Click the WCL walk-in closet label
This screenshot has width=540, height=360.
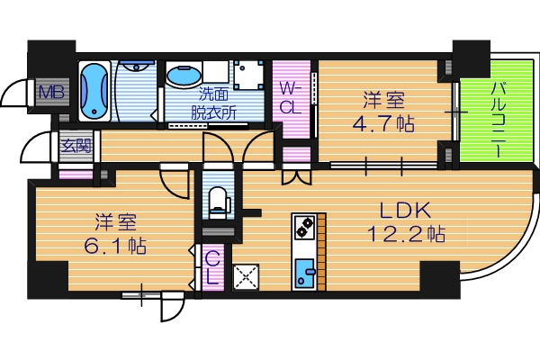pyautogui.click(x=289, y=97)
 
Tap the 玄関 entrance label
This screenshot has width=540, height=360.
pyautogui.click(x=75, y=143)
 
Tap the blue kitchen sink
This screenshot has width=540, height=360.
pyautogui.click(x=304, y=273)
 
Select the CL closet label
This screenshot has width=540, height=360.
pyautogui.click(x=212, y=267)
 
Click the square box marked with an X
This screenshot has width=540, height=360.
pyautogui.click(x=246, y=277)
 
